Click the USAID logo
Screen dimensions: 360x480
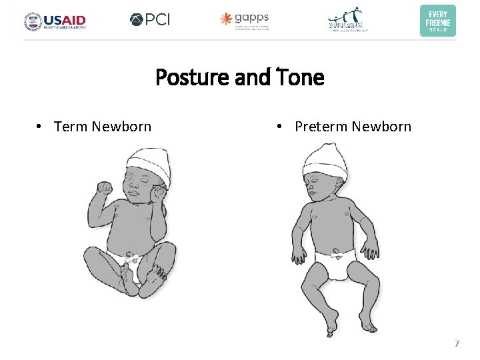(55, 21)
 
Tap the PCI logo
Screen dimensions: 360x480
(150, 20)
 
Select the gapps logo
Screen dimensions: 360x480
(245, 20)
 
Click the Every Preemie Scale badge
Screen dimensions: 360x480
(438, 21)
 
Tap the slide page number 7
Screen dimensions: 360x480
(457, 344)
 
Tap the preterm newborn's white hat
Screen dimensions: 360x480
(326, 160)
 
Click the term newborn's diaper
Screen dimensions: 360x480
(130, 260)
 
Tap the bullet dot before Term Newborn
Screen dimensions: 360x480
(40, 127)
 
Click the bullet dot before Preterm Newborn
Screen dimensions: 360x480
(281, 127)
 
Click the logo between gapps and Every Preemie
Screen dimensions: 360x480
(347, 20)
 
